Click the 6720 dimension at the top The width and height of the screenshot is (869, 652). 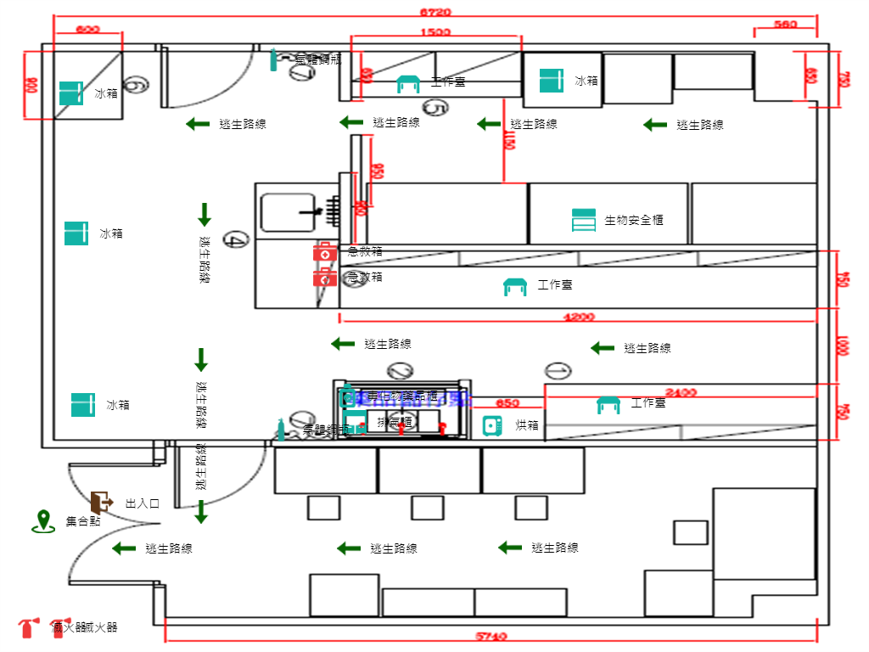pos(435,12)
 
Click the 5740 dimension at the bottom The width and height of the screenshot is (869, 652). pos(491,636)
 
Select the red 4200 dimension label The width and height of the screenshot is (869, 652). pos(580,317)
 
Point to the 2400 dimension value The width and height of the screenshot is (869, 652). pos(681,392)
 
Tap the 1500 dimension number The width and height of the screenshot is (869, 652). pos(435,32)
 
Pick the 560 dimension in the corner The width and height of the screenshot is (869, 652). pos(785,25)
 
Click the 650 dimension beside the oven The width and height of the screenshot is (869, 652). pos(507,403)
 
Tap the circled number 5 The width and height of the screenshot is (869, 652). pos(435,108)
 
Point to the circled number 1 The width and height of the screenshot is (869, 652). pos(558,370)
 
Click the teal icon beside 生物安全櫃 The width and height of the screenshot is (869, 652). pos(584,220)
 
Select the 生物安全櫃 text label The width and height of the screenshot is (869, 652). pos(633,221)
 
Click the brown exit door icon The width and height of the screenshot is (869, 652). pos(101,502)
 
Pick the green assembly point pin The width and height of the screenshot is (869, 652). pos(42,521)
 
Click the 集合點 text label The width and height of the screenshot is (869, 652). pos(83,521)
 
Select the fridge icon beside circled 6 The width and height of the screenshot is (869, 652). pos(70,93)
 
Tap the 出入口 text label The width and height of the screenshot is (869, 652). pos(143,503)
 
